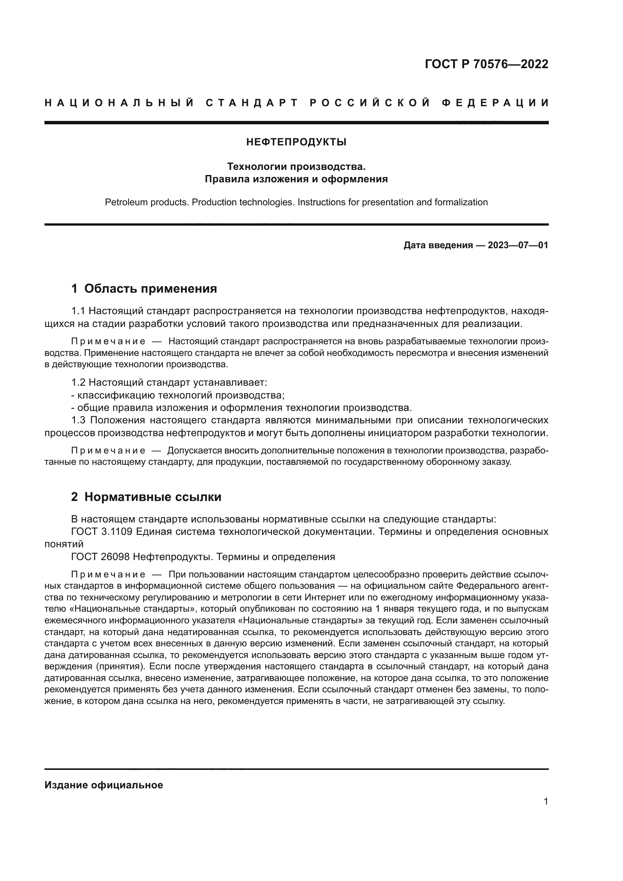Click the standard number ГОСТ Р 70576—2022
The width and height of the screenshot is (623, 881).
(x=486, y=64)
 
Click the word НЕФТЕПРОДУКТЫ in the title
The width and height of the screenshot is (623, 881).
(x=296, y=142)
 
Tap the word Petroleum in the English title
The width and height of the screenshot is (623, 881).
(x=126, y=202)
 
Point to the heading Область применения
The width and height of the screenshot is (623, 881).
(x=150, y=289)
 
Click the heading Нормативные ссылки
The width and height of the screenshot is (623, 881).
(x=153, y=497)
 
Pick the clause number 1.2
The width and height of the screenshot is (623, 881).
(x=78, y=383)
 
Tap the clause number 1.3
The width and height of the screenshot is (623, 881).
(x=78, y=420)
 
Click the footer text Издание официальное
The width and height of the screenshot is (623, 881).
(x=104, y=785)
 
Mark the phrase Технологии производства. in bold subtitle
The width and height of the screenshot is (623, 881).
(x=296, y=166)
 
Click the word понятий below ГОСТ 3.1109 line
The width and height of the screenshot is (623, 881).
(x=64, y=544)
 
